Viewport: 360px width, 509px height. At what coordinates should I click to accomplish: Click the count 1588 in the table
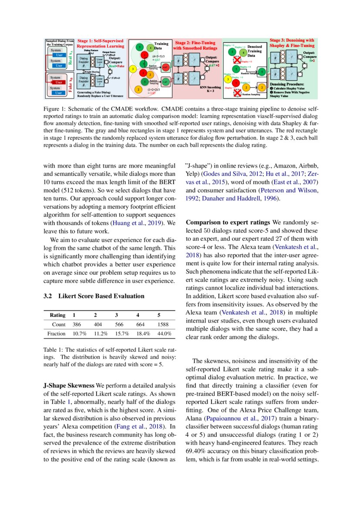click(x=163, y=324)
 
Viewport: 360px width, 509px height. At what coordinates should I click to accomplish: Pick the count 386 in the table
click(x=77, y=324)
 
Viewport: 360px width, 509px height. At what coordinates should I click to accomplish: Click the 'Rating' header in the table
click(x=57, y=315)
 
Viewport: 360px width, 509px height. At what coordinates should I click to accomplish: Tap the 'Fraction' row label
click(x=56, y=334)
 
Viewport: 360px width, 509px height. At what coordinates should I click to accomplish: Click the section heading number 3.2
click(x=48, y=296)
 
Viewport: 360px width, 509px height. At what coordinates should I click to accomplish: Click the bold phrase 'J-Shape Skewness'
click(x=68, y=386)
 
